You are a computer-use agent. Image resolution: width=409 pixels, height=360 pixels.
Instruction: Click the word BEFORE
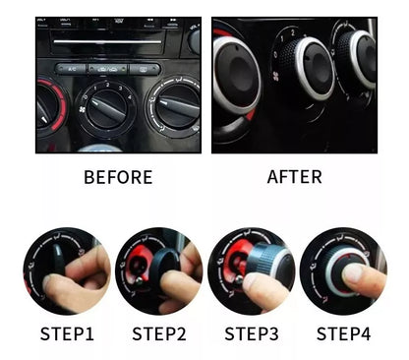coord(118,177)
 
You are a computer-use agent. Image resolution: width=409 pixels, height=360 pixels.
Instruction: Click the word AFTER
coord(294,177)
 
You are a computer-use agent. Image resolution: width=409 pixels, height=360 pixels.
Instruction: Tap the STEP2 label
coord(158,333)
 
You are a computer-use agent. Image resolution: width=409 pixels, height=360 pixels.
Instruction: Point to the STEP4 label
coord(337,333)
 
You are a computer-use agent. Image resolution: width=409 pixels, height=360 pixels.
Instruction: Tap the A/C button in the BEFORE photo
coord(72,69)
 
